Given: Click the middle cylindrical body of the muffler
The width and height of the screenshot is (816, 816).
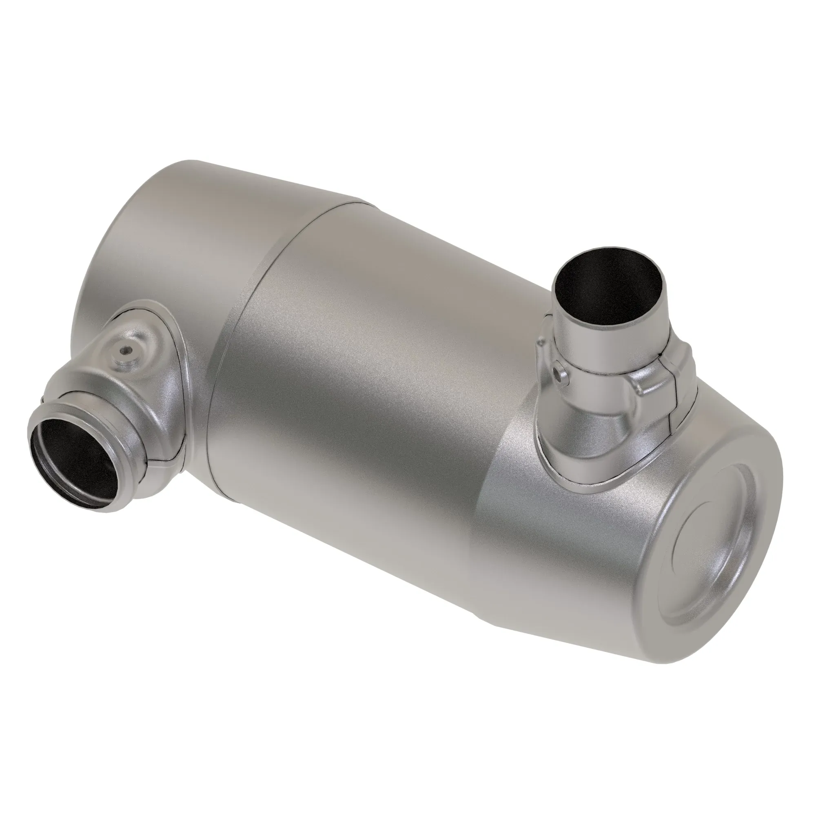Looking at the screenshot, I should pyautogui.click(x=359, y=380).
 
